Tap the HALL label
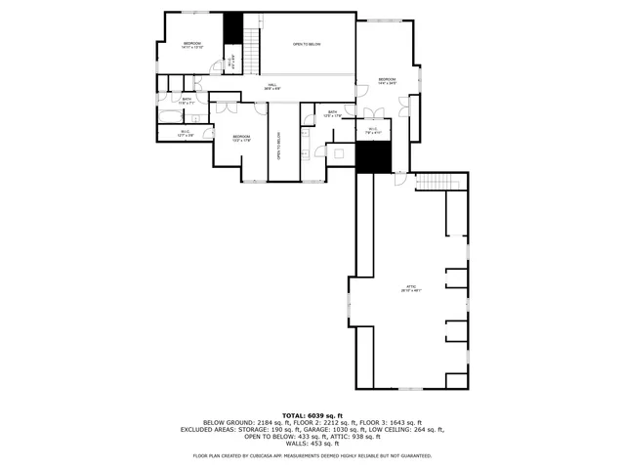click(274, 86)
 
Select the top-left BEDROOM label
click(192, 45)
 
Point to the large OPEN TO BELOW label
click(308, 45)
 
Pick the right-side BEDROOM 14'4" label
click(387, 81)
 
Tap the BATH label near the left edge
click(187, 100)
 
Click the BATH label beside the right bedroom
click(333, 113)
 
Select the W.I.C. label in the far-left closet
click(186, 133)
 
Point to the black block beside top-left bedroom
click(232, 28)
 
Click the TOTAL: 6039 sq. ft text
click(312, 414)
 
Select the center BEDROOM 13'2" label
click(241, 139)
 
